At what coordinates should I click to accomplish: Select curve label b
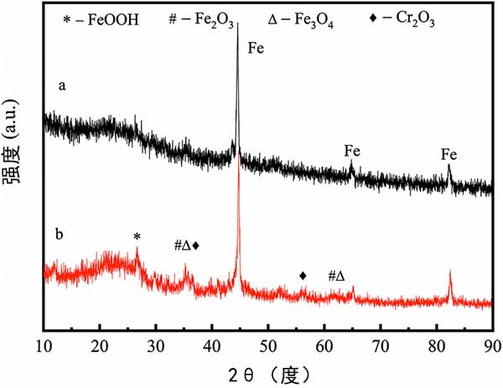tap(61, 232)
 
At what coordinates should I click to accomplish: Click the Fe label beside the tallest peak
tap(256, 49)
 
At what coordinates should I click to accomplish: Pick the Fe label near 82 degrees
tap(449, 154)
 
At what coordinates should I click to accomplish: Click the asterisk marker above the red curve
tap(137, 237)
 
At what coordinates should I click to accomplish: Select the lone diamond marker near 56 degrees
tap(303, 275)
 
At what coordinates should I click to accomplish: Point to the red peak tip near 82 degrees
tap(450, 272)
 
